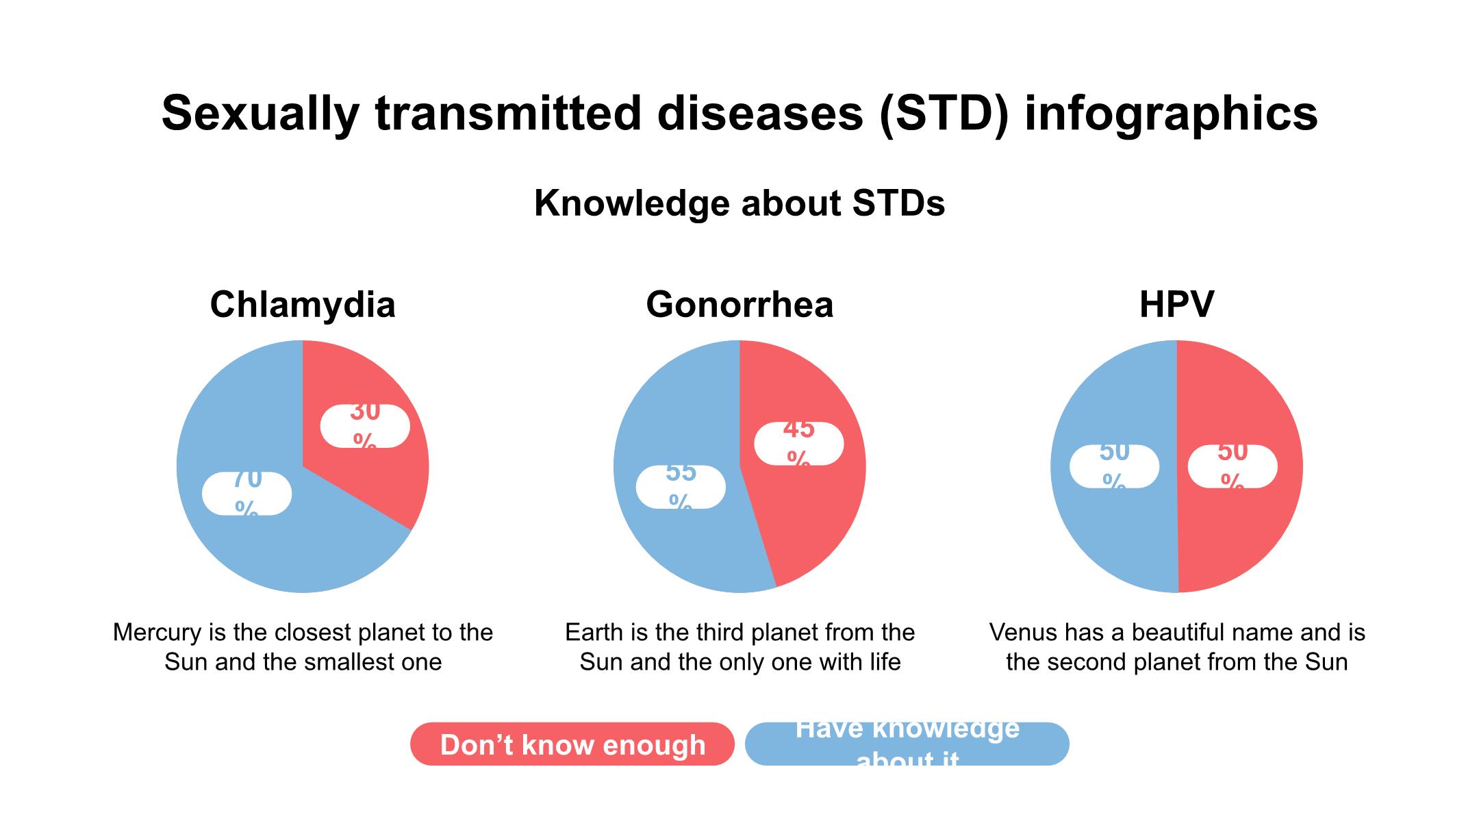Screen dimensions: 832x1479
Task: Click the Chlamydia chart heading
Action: click(303, 305)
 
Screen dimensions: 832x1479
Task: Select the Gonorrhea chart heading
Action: click(739, 305)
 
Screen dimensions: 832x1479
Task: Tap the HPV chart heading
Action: click(1176, 305)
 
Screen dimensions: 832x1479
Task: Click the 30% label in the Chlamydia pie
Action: click(365, 426)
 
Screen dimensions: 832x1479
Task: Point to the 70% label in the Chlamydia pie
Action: click(246, 493)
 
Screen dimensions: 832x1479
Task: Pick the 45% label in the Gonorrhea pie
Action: click(798, 444)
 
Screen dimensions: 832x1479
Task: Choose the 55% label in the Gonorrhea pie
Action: click(681, 487)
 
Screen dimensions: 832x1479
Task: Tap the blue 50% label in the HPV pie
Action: click(1114, 466)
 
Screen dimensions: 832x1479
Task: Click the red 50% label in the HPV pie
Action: click(1232, 466)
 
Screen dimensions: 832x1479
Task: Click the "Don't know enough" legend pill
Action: click(572, 744)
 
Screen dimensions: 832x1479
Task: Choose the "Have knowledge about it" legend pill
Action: click(907, 744)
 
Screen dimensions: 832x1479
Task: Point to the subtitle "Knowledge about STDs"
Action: click(739, 203)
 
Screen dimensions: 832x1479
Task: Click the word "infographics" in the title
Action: click(1171, 113)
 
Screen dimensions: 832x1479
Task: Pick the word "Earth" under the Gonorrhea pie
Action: click(593, 632)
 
